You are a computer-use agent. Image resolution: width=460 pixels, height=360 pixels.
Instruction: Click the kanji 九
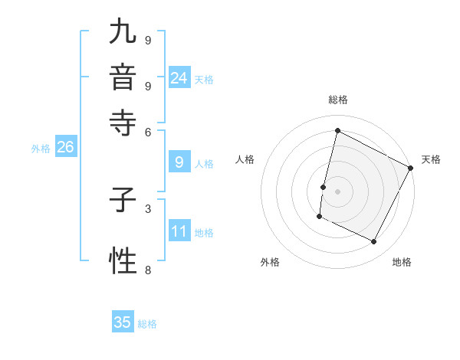123,33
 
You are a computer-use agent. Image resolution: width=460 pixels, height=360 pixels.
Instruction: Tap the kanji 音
123,77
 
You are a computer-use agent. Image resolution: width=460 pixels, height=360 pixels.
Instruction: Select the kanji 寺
123,123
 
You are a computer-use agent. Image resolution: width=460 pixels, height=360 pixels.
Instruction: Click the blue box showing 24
179,77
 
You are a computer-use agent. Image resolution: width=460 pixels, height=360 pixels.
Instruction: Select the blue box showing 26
65,147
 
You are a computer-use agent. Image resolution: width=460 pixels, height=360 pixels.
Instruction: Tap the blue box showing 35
123,322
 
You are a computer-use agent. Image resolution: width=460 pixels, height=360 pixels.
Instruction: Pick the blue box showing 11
179,231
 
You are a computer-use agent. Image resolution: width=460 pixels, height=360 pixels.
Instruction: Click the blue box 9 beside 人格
179,162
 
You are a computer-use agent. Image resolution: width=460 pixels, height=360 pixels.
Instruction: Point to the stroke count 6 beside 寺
148,131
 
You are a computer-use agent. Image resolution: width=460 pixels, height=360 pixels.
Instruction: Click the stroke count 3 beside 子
148,208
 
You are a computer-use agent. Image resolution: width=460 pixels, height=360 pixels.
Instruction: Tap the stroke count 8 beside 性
148,270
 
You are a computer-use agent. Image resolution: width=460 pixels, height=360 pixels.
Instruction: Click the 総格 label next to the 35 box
147,324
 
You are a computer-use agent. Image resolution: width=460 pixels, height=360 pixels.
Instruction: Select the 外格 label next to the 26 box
41,149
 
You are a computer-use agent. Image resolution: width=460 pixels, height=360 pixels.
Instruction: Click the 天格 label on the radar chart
431,159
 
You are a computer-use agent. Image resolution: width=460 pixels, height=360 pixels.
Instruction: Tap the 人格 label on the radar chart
245,159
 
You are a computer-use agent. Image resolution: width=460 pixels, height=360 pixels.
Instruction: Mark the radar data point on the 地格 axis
374,242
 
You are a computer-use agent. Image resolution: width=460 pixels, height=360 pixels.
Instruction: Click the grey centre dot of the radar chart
337,191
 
